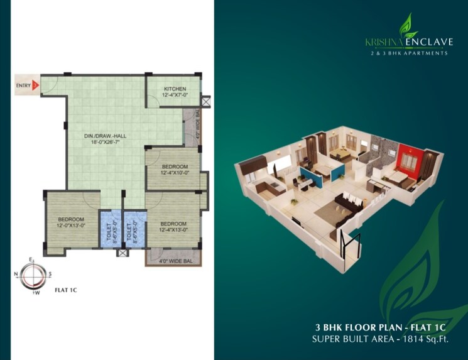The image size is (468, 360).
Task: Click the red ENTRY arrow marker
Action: tap(36, 83)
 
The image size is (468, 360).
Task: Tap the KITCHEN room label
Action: tap(174, 89)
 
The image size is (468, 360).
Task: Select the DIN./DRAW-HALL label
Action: tap(106, 135)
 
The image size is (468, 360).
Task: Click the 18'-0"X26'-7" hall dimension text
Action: tap(106, 142)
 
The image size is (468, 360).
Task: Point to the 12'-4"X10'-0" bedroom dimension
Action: tap(173, 172)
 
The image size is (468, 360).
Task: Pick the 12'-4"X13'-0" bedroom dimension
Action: tap(173, 230)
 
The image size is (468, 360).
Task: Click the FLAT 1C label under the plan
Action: tap(66, 290)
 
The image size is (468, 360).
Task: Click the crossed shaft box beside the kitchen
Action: tap(207, 99)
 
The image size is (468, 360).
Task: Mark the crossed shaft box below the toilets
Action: tap(122, 253)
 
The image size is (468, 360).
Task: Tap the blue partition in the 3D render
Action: tap(312, 177)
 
